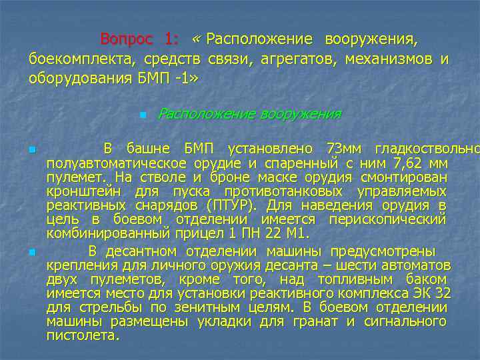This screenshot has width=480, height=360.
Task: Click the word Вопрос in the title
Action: coord(126,39)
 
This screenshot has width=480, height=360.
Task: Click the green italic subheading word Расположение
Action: coord(203,114)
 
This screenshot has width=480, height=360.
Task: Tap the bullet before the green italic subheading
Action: coord(143,115)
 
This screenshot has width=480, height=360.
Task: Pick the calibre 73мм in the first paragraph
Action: coord(346,147)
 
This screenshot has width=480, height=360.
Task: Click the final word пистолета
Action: coord(83,335)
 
